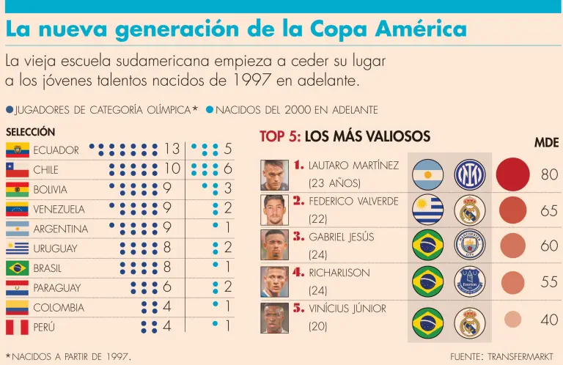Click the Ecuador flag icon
18,150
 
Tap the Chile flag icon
18,170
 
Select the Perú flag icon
18,328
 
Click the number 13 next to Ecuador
172,150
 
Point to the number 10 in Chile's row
172,169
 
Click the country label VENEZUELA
59,210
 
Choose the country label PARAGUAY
56,288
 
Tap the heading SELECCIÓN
30,132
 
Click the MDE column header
546,142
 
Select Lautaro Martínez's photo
274,174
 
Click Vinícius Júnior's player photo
274,318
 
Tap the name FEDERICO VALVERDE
353,201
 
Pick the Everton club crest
469,281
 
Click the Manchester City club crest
469,246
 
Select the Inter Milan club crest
469,174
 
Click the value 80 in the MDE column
549,175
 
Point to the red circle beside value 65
513,210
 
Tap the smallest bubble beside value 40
513,320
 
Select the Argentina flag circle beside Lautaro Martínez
428,174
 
